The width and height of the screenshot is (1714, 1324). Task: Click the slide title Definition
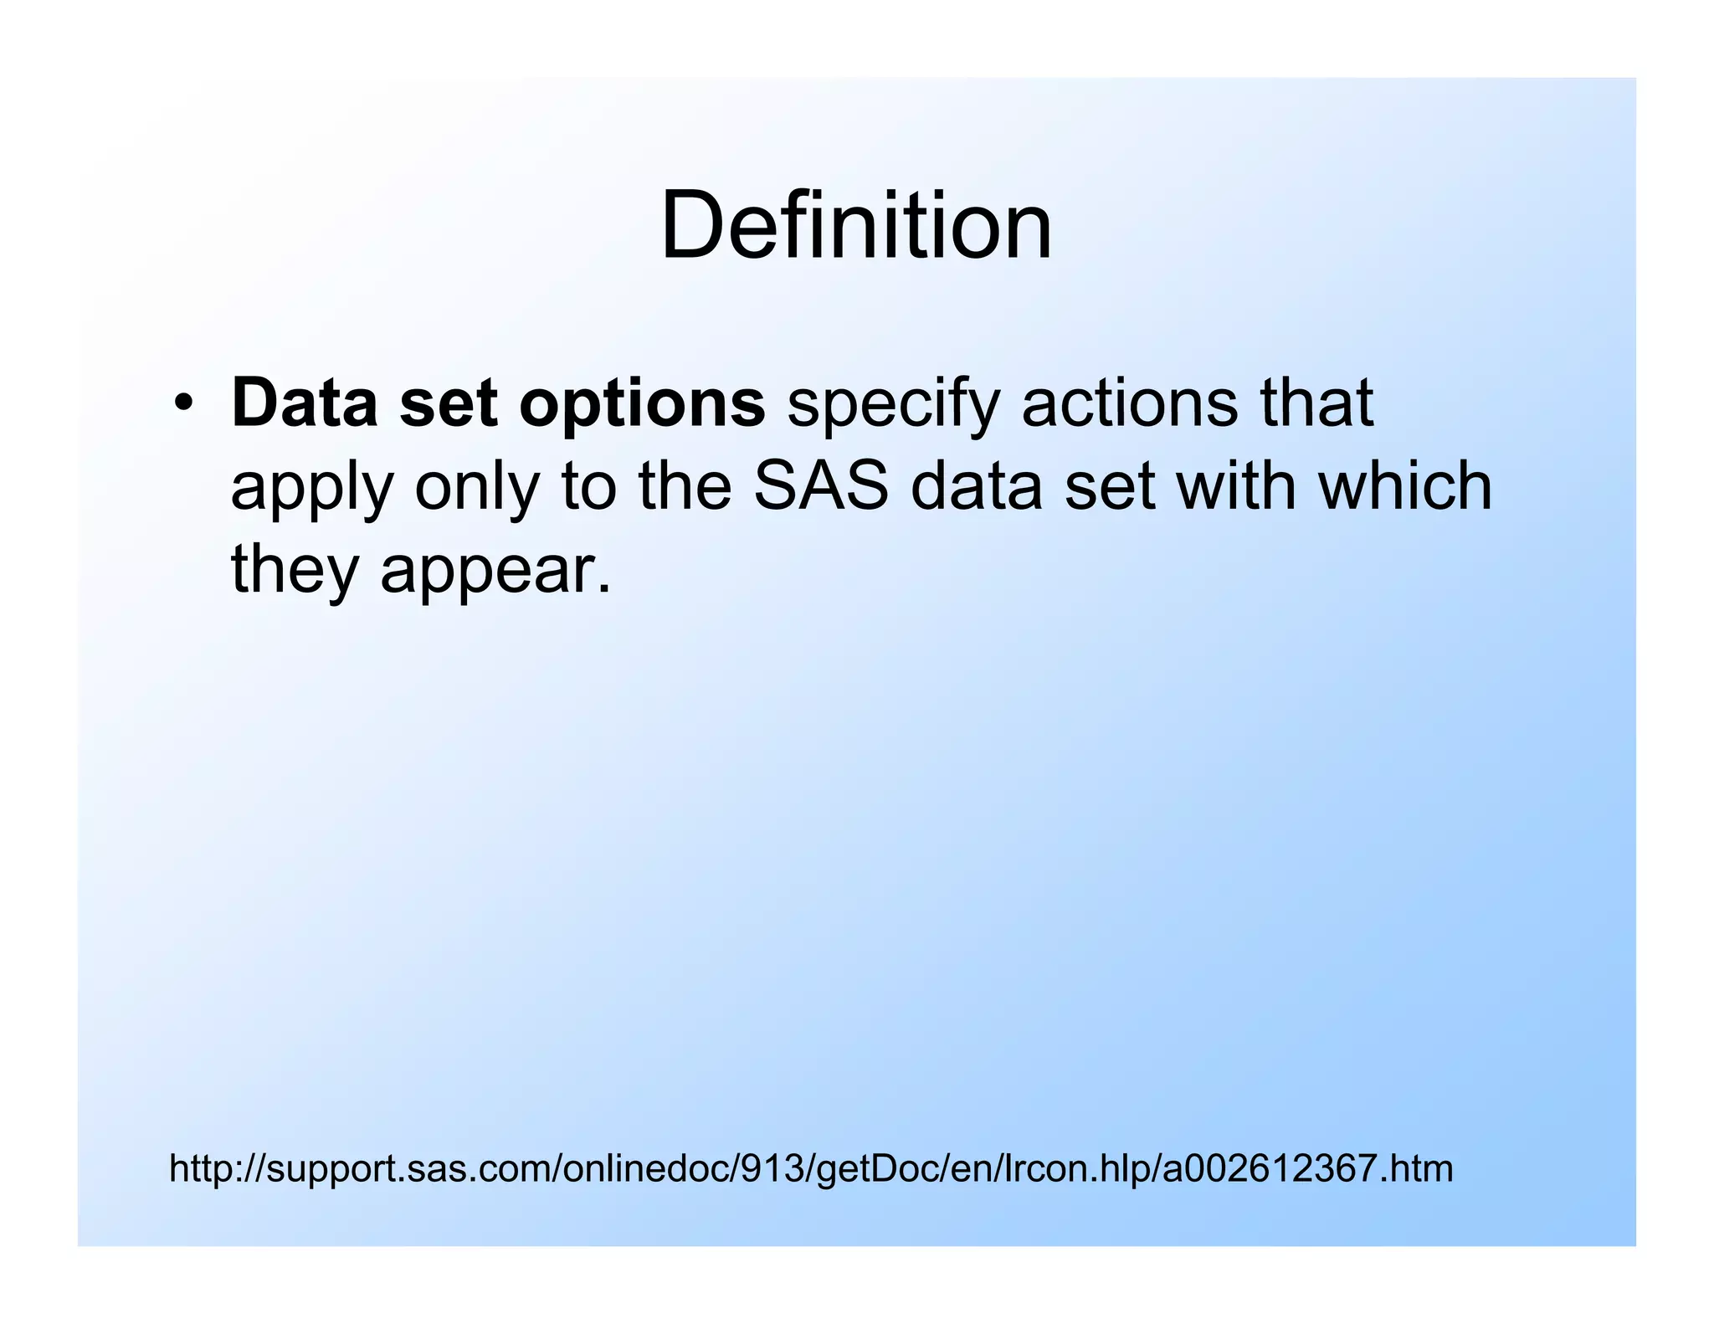pyautogui.click(x=855, y=226)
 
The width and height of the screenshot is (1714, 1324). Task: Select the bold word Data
pyautogui.click(x=304, y=403)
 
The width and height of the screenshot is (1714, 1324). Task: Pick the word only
pyautogui.click(x=476, y=490)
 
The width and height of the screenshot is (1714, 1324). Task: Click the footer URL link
pyautogui.click(x=810, y=1168)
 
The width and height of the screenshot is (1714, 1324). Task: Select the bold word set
pyautogui.click(x=448, y=403)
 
